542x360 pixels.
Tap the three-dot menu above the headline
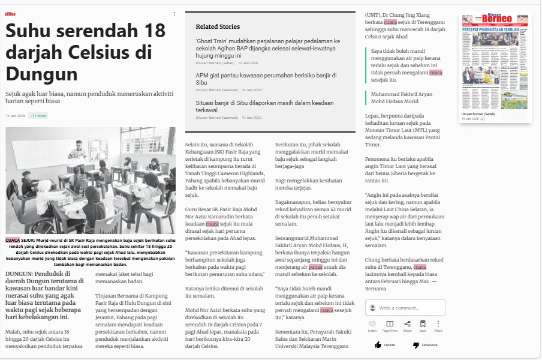click(x=174, y=14)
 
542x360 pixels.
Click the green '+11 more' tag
click(x=38, y=116)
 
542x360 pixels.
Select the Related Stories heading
click(x=218, y=26)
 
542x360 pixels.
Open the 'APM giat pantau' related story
click(x=266, y=79)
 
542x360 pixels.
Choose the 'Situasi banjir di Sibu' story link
click(x=264, y=106)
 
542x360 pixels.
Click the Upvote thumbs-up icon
click(x=378, y=345)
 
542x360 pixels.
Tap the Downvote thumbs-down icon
click(x=416, y=345)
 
